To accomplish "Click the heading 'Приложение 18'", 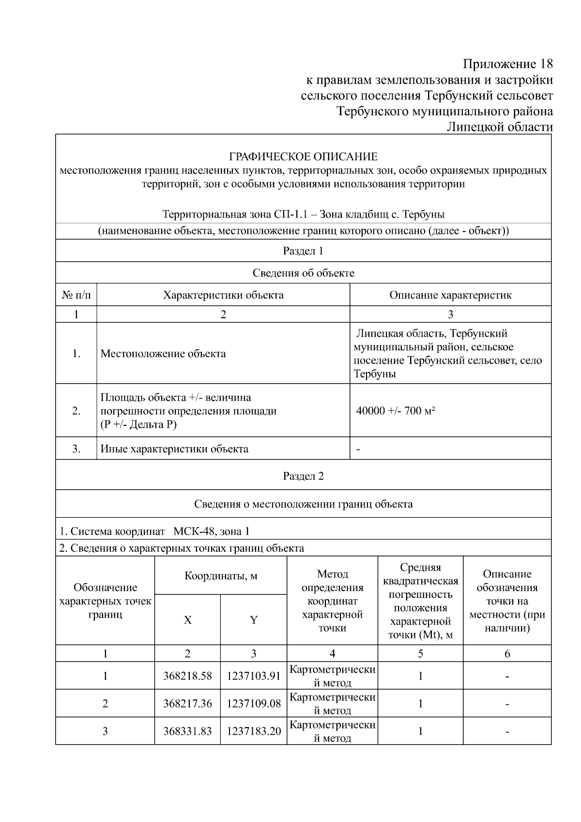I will pos(507,64).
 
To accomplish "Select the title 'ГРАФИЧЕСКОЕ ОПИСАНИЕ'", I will pos(303,156).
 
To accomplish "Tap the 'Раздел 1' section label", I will pos(303,251).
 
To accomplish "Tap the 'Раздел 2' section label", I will pos(303,476).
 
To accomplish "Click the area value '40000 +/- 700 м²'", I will pos(396,411).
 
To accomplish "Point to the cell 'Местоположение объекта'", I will pos(163,354).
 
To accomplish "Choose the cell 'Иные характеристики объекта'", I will pos(174,449).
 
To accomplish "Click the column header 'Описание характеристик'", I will pos(450,295).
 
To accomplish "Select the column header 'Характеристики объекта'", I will pos(223,295).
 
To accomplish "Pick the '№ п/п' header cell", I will pos(76,295).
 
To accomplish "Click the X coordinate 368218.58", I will pos(187,676).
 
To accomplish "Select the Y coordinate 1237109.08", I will pos(254,703).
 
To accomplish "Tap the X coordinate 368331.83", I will pos(187,731).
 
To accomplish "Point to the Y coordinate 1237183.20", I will pos(254,731).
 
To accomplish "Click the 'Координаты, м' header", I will pos(221,576).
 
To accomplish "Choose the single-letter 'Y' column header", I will pos(254,620).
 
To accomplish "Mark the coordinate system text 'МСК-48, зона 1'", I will pos(212,531).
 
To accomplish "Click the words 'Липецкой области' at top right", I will pos(499,127).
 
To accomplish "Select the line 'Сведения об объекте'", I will pos(303,273).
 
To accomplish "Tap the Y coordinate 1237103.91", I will pos(254,676).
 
